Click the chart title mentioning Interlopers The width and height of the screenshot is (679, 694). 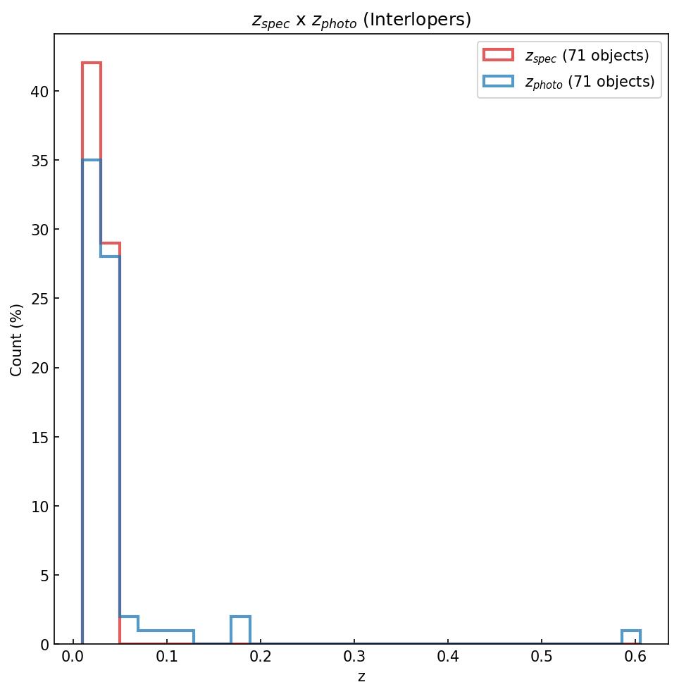[361, 20]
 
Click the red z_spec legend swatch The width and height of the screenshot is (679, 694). [498, 54]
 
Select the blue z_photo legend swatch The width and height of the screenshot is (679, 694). [498, 82]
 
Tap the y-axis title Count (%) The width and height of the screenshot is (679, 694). [17, 340]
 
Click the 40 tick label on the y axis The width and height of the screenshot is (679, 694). [39, 92]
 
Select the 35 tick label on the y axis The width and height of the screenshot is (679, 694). [39, 161]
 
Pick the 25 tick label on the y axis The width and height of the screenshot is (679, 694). [39, 299]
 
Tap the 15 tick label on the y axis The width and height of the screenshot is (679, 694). [39, 438]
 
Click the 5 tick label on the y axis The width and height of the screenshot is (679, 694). [43, 576]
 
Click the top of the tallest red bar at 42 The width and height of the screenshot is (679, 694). [92, 63]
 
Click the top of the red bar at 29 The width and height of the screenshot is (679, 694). [111, 244]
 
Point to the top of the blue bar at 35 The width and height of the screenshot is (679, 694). [92, 161]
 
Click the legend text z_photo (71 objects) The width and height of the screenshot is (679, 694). [590, 82]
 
